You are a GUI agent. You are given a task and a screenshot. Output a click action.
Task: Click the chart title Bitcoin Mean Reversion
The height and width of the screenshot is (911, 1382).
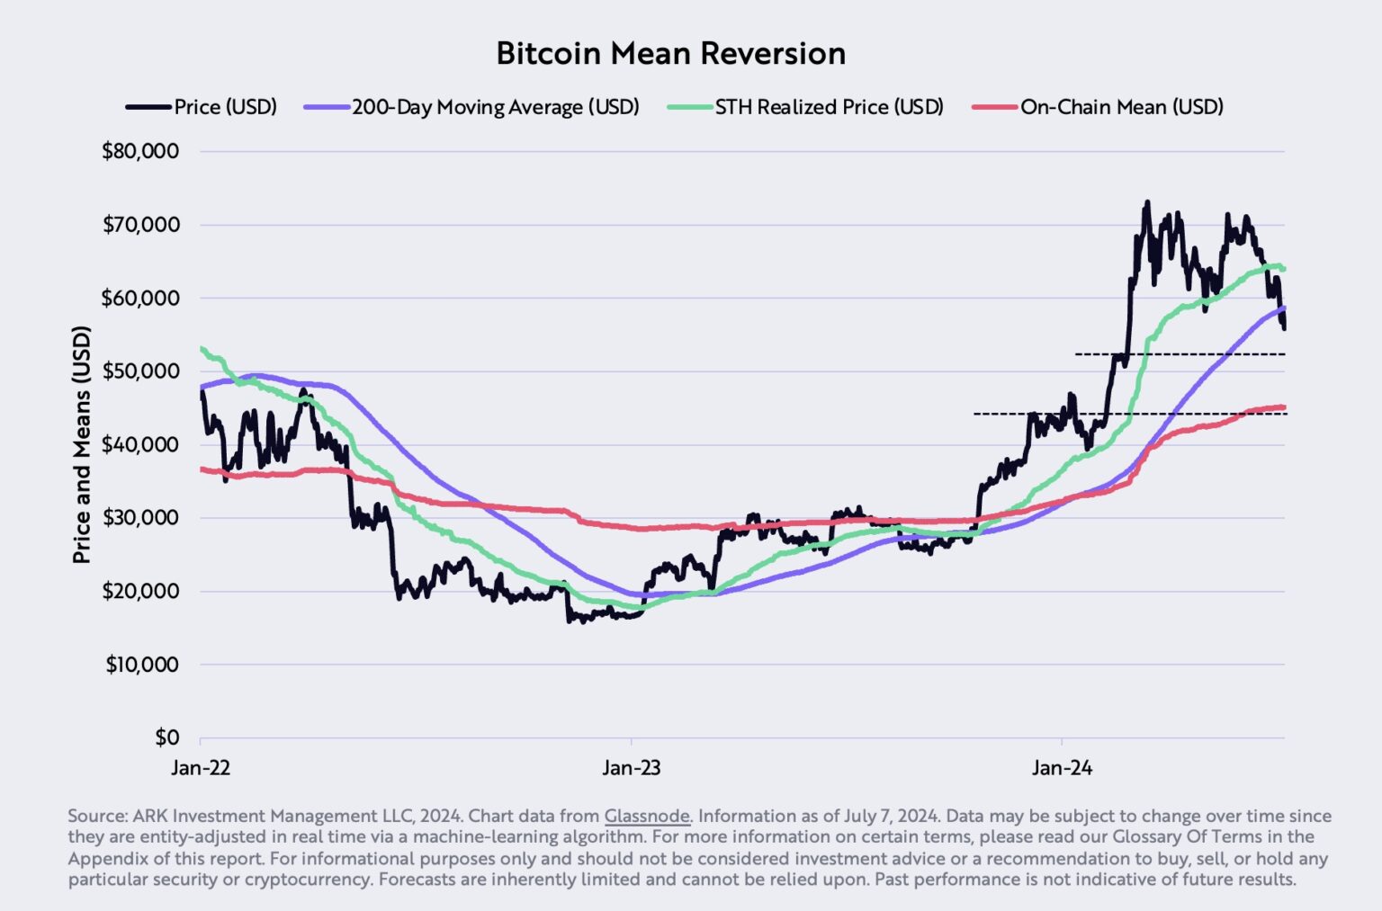coord(670,53)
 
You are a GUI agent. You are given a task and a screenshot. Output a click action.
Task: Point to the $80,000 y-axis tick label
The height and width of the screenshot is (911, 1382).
coord(140,151)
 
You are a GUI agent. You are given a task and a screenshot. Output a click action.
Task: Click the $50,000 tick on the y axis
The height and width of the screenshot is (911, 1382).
coord(140,371)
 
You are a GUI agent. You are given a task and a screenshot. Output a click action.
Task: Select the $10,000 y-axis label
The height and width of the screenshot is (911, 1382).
coord(142,665)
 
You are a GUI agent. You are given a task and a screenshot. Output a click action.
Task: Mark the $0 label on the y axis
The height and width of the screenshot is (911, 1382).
coord(166,737)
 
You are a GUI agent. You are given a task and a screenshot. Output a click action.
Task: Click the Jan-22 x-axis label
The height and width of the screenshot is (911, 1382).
coord(201,768)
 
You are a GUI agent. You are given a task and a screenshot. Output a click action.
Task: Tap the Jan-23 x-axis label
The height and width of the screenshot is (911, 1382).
coord(632,768)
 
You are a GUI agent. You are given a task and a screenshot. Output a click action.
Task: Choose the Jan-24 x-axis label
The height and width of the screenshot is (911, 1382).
coord(1062,768)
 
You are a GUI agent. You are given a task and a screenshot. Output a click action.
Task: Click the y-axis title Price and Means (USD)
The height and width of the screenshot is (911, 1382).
coord(82,445)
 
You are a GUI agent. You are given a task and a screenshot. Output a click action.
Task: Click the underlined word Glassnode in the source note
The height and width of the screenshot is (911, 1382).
coord(647,816)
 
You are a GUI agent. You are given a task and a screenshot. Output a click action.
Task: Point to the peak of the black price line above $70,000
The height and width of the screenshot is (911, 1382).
coord(1146,203)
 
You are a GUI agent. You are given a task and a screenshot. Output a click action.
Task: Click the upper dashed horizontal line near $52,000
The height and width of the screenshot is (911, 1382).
coord(1179,354)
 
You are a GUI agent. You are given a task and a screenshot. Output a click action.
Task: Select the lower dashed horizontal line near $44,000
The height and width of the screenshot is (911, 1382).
coord(1125,414)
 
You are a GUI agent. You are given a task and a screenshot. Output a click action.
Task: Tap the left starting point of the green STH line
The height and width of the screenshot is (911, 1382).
coord(202,349)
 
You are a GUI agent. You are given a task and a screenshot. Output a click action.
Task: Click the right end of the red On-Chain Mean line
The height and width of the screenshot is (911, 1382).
coord(1283,407)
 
